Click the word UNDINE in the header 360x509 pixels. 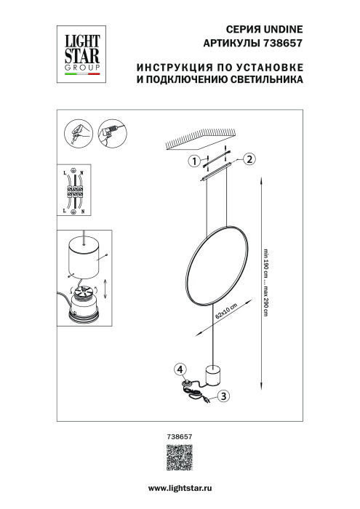tap(282, 30)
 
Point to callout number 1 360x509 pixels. tap(193, 161)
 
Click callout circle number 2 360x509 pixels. tap(249, 159)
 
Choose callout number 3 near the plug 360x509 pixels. tap(224, 396)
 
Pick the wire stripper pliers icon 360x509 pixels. tap(77, 132)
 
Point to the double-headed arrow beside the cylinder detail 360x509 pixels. tap(105, 291)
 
